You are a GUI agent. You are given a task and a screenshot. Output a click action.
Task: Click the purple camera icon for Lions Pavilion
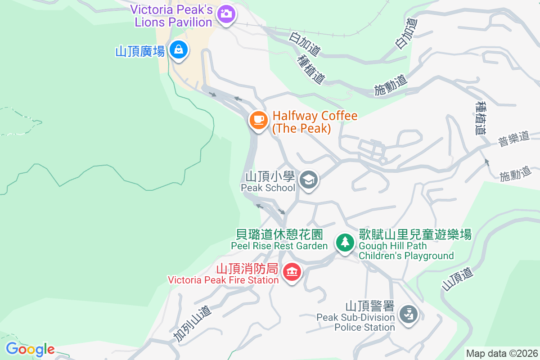pyautogui.click(x=226, y=13)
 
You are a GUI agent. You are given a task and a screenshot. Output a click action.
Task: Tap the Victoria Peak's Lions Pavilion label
pyautogui.click(x=171, y=16)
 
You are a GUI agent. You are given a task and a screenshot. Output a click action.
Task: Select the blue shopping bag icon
pyautogui.click(x=179, y=50)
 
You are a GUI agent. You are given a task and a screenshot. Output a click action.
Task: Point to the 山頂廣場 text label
pyautogui.click(x=140, y=51)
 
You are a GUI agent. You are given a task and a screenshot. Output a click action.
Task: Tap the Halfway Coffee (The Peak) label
pyautogui.click(x=315, y=122)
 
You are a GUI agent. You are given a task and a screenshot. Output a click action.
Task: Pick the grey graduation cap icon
pyautogui.click(x=309, y=180)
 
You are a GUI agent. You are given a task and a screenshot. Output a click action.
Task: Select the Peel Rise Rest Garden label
pyautogui.click(x=279, y=240)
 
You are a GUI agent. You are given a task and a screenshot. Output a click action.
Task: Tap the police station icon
pyautogui.click(x=409, y=315)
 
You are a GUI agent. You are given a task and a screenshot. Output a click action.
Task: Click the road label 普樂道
pyautogui.click(x=513, y=138)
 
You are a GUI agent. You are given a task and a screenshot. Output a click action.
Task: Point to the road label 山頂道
pyautogui.click(x=458, y=279)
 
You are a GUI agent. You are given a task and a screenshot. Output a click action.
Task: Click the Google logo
pyautogui.click(x=30, y=349)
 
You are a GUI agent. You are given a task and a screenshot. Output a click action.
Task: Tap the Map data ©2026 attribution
pyautogui.click(x=501, y=353)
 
